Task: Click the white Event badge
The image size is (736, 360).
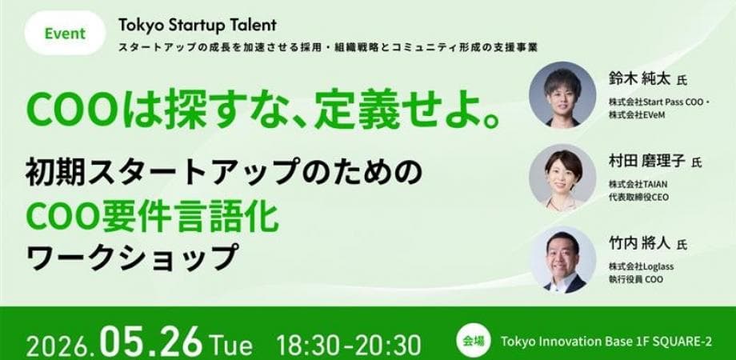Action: [x=65, y=34]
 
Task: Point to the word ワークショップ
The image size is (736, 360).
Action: [x=131, y=257]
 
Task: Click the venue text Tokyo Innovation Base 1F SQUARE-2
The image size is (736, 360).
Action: [x=606, y=342]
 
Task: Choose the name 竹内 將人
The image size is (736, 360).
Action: [x=640, y=244]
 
